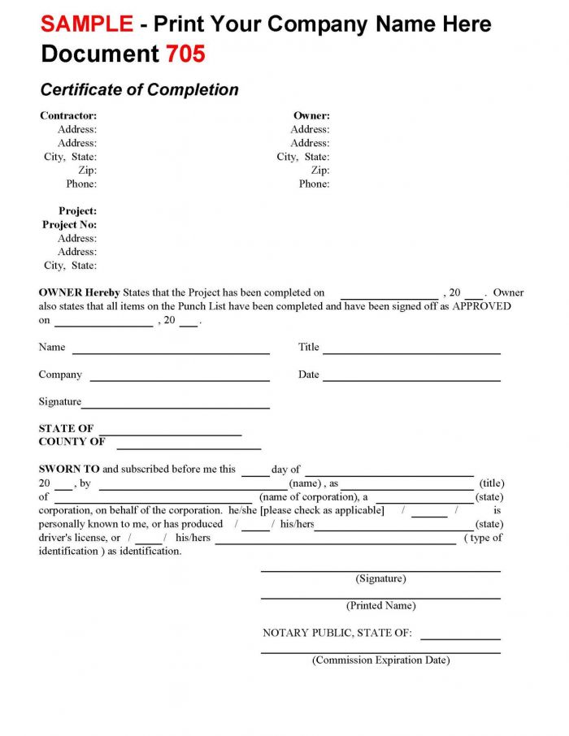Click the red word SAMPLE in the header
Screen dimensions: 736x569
click(87, 24)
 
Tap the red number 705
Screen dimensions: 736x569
click(185, 54)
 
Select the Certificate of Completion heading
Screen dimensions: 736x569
click(139, 89)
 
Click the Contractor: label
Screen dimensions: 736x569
click(68, 115)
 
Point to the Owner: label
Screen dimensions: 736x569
click(311, 115)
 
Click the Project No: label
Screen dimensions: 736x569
click(69, 224)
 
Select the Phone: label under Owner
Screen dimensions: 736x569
click(314, 184)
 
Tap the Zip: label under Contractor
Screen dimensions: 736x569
click(87, 170)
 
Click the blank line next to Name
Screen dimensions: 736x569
click(171, 353)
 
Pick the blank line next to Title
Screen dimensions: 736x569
click(411, 353)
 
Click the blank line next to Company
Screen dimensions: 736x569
click(180, 380)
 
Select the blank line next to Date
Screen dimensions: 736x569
click(411, 380)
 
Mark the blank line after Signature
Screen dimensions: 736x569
click(176, 407)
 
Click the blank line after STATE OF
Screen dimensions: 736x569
click(171, 435)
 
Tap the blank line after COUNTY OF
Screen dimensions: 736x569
click(189, 448)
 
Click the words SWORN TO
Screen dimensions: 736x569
click(69, 469)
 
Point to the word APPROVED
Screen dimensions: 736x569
click(481, 306)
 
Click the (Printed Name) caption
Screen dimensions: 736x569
click(380, 605)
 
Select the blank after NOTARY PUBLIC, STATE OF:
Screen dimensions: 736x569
click(460, 639)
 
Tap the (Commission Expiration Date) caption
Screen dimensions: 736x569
click(380, 660)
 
